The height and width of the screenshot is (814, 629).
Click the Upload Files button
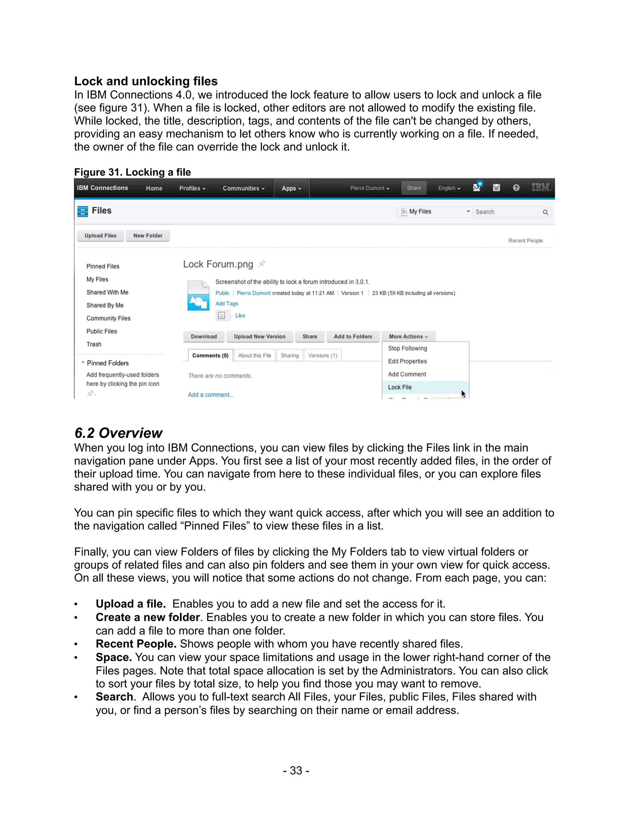[x=100, y=236]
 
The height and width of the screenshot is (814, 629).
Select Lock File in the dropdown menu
[x=400, y=387]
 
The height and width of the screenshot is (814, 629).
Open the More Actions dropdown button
[x=408, y=337]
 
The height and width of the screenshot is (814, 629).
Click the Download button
[x=204, y=337]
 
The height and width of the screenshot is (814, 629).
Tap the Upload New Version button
[x=260, y=337]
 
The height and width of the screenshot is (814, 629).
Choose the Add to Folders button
[x=353, y=337]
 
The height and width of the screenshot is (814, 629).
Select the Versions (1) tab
[x=323, y=356]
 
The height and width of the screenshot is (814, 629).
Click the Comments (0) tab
[x=210, y=356]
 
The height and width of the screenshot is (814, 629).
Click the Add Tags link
[x=227, y=304]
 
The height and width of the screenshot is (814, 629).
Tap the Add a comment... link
[x=210, y=395]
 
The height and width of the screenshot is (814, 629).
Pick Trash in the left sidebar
[x=94, y=344]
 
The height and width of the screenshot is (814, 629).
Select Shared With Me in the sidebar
[x=107, y=292]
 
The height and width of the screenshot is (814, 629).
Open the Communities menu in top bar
[x=243, y=189]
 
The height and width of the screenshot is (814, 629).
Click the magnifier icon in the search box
[x=545, y=212]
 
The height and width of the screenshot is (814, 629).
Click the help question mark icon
[x=516, y=188]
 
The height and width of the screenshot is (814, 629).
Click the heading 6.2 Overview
[x=119, y=433]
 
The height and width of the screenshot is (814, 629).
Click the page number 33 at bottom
[x=296, y=770]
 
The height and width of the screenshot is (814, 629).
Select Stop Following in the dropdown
[x=407, y=348]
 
